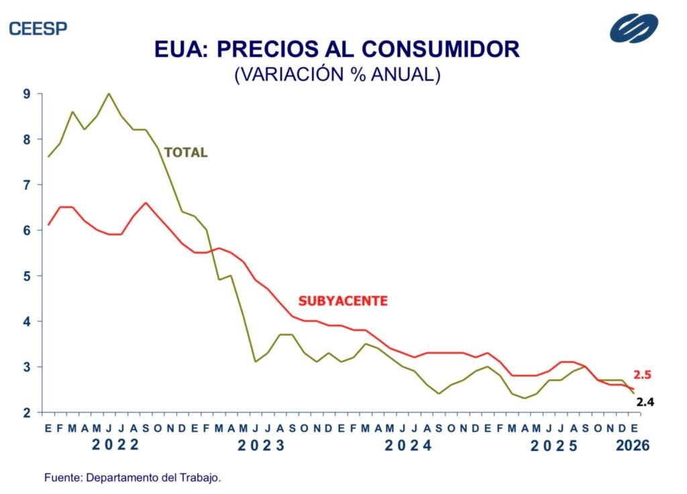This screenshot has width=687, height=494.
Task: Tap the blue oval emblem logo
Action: click(634, 28)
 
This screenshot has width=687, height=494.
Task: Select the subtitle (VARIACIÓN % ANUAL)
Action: click(337, 75)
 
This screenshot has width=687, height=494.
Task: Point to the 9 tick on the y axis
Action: click(27, 94)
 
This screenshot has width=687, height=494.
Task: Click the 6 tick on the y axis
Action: click(27, 230)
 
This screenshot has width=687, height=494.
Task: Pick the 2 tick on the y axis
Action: click(27, 412)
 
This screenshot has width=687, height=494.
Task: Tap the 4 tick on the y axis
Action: click(27, 322)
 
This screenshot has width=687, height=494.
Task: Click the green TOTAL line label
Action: click(186, 153)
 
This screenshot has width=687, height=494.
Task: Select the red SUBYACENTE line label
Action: click(343, 301)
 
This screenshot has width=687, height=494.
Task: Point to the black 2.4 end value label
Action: click(645, 403)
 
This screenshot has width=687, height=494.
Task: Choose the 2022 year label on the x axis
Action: click(115, 444)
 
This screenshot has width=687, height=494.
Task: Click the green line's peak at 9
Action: click(109, 93)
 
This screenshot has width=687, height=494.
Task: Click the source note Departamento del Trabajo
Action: click(133, 478)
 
